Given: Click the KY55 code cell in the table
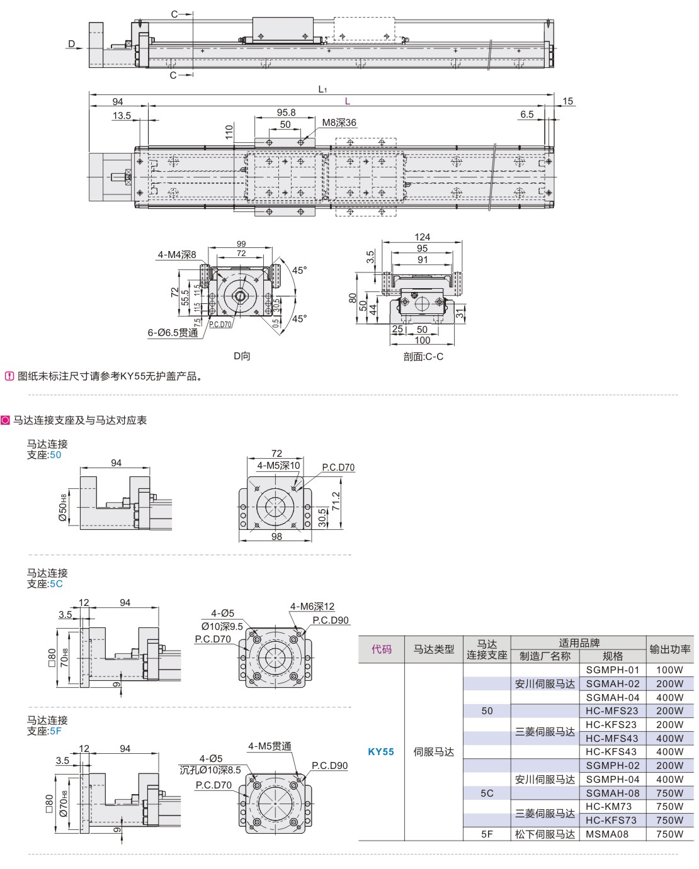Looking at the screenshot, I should [381, 752].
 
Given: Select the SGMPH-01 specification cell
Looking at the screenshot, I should [612, 670].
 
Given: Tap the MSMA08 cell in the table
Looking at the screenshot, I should [607, 834].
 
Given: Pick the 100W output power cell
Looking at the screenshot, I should [669, 670].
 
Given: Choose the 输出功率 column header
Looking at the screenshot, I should [670, 649].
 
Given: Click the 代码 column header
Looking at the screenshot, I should [381, 649].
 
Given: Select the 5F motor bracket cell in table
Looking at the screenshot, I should [487, 834].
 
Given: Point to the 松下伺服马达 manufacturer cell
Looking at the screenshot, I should [545, 834].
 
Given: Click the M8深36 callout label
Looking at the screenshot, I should [339, 123].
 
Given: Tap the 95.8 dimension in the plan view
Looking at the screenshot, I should [286, 113].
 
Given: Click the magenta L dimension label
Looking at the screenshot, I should [347, 101].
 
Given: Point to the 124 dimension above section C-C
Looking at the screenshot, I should [422, 237].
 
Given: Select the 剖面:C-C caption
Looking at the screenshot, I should [423, 357].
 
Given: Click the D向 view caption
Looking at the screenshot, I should [242, 356].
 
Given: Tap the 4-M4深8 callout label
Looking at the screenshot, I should [176, 255].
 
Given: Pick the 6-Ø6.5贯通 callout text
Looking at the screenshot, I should [173, 333].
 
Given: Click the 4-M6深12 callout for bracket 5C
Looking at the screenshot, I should [312, 607].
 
